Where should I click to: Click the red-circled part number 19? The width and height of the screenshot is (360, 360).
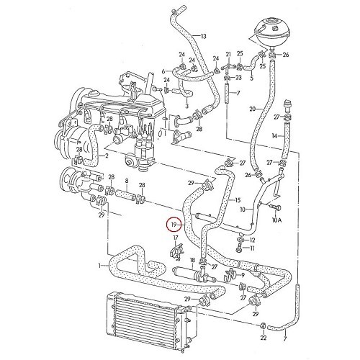tap(174, 225)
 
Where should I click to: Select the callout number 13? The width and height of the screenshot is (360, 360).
tap(203, 37)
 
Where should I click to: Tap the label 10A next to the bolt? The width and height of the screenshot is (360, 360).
tap(276, 220)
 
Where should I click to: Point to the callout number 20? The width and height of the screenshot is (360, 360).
tap(253, 109)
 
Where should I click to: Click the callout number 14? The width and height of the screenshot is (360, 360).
tap(274, 136)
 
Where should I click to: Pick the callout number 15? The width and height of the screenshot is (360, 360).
tap(238, 200)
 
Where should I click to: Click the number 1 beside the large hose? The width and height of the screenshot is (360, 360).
tap(99, 266)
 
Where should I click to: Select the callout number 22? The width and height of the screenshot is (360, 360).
tap(264, 338)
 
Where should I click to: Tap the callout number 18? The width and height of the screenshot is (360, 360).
tap(192, 260)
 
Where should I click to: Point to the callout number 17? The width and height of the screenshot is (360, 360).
tap(176, 238)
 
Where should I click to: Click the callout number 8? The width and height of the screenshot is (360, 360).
tap(127, 181)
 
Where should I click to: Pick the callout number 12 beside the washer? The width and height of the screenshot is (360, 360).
tap(252, 240)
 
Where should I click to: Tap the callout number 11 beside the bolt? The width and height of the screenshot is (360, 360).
tap(252, 248)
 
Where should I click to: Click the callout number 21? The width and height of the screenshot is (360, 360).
tap(228, 54)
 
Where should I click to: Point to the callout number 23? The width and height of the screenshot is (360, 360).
tap(238, 77)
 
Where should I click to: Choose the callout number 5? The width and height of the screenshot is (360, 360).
tap(251, 78)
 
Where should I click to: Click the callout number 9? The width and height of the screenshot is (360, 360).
tap(243, 275)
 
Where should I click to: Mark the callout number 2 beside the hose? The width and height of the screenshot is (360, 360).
tap(107, 156)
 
